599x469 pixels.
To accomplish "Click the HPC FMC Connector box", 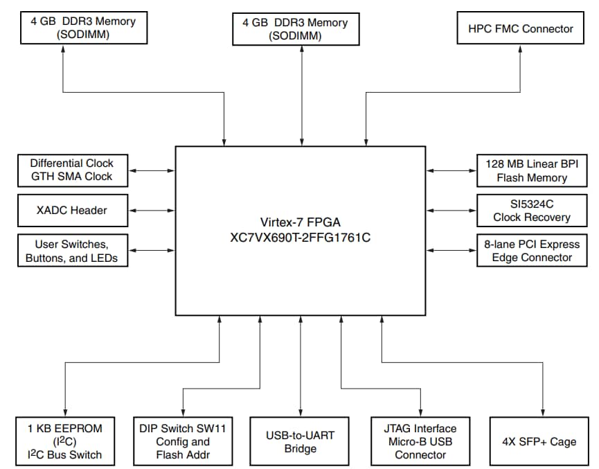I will click(x=521, y=28).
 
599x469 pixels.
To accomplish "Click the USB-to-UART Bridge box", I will click(x=301, y=442).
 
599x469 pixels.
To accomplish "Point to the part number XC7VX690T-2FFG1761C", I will click(x=301, y=237).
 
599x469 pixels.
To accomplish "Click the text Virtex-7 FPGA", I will click(x=301, y=222).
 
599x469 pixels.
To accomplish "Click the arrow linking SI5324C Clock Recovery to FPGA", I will click(x=451, y=210).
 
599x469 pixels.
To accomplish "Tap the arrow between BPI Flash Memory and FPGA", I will click(x=451, y=170).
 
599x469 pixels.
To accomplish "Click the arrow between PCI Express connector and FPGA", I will click(x=451, y=251).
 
